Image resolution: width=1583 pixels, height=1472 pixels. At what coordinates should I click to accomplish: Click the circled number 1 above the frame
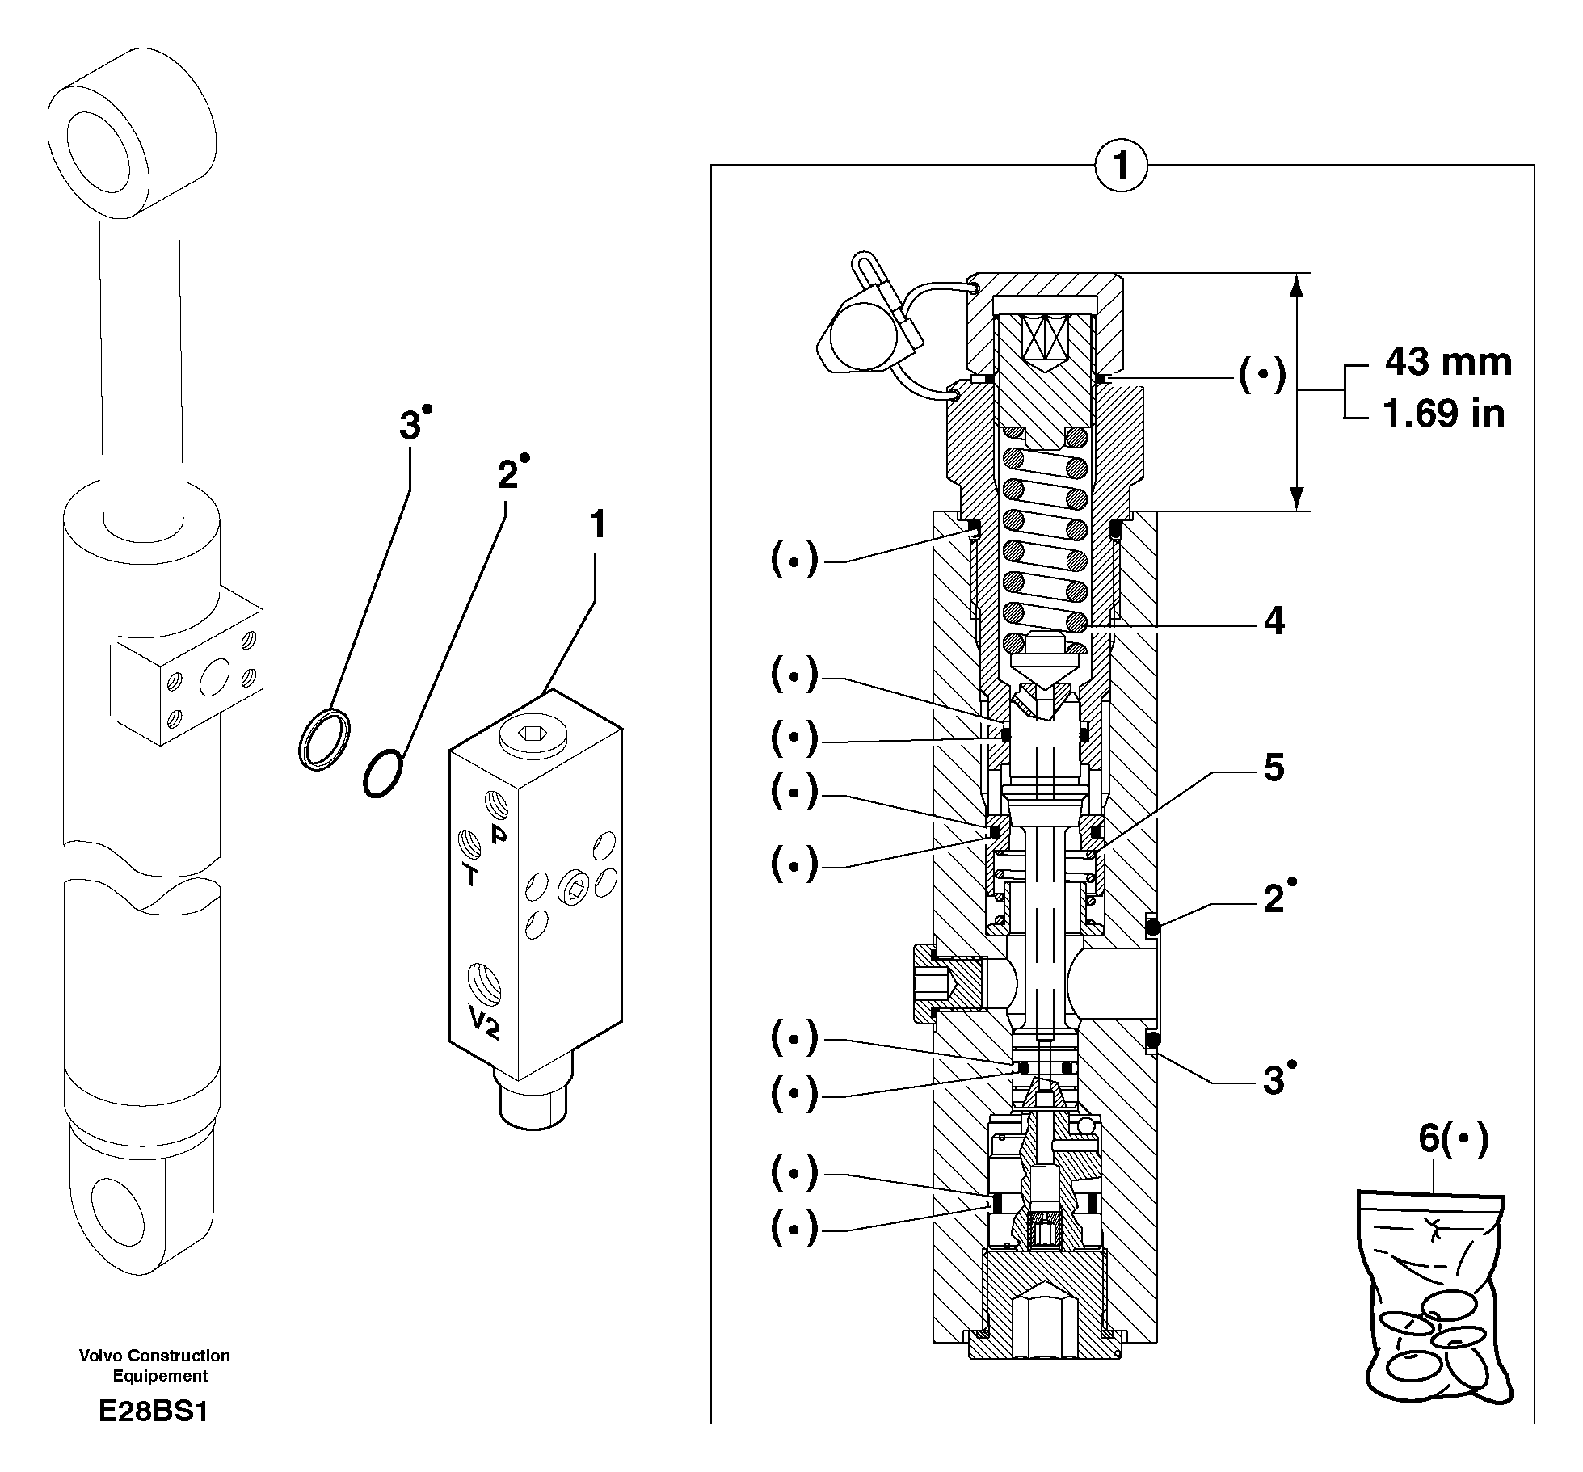[x=1121, y=167]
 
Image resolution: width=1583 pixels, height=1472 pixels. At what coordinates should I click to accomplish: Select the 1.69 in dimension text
[x=1444, y=414]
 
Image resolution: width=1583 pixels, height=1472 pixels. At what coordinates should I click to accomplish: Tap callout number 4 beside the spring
[x=1274, y=621]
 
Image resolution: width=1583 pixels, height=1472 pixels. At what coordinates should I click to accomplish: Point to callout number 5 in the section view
[x=1274, y=768]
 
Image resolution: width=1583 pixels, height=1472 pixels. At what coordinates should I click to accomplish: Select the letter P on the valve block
[x=499, y=834]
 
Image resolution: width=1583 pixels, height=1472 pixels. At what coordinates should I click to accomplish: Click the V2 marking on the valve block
[x=484, y=1024]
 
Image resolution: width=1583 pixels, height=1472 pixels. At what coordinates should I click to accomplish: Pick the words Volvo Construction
[x=154, y=1356]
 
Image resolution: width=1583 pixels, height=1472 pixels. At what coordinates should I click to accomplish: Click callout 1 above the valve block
[x=597, y=525]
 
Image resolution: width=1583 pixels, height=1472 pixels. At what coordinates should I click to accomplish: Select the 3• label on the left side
[x=415, y=424]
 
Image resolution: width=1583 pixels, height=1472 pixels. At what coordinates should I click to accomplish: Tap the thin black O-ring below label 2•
[x=382, y=774]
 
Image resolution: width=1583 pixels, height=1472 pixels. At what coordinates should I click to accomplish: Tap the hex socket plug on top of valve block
[x=531, y=734]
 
